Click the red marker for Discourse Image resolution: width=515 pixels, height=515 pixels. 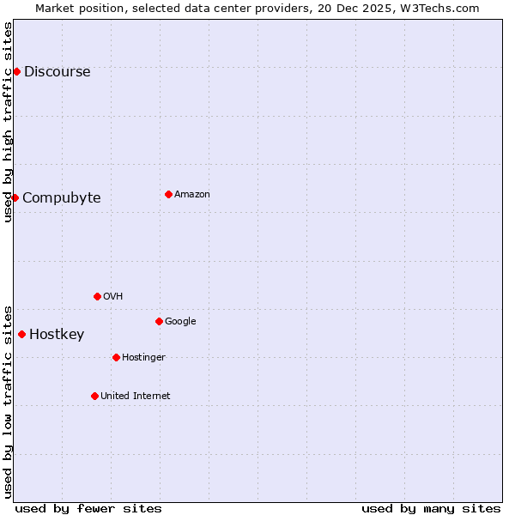16,71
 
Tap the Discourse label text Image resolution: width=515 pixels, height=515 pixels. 57,72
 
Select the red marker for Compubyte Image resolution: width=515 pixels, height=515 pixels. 15,197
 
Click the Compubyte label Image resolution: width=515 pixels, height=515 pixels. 61,198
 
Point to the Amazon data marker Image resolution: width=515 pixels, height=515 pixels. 168,194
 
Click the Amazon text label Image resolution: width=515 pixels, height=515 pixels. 191,195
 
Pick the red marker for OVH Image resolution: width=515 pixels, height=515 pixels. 97,296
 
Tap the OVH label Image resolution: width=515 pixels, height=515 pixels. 112,297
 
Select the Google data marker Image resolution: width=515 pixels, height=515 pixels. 159,321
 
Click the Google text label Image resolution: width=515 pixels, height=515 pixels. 180,322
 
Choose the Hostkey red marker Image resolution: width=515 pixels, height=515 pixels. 21,334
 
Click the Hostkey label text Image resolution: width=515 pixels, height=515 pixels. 57,335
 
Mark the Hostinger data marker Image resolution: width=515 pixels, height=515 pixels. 116,357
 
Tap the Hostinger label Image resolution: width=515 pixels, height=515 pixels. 143,358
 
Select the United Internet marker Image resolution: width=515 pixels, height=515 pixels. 94,396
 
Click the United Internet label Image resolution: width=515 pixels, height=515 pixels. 135,397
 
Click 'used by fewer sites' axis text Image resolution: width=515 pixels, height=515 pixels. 88,508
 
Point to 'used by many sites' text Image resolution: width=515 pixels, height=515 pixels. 431,508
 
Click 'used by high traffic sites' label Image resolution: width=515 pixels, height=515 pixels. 8,122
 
